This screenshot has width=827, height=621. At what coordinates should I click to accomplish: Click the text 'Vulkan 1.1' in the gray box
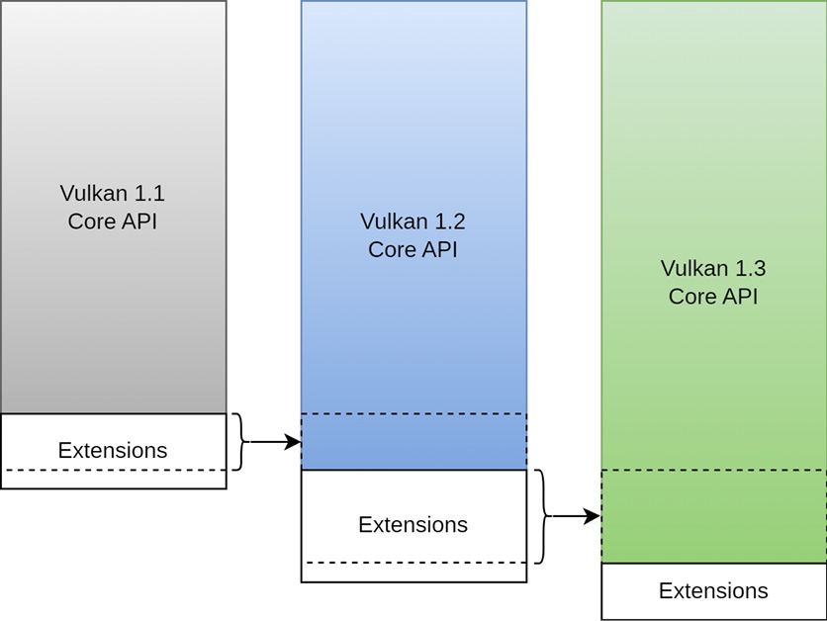coord(112,193)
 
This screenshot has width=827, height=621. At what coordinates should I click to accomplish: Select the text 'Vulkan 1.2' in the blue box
coord(413,221)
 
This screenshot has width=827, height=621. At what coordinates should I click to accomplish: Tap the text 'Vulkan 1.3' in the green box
coord(713,268)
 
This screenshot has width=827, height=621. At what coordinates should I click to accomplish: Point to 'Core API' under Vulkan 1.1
coord(112,221)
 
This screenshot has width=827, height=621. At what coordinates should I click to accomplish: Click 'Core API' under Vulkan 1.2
coord(413,249)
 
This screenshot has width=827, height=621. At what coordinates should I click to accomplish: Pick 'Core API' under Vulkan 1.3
coord(713,296)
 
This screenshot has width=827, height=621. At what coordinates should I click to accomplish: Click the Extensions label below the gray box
coord(113,451)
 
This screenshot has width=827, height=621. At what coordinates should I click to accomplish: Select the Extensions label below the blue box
coord(413,524)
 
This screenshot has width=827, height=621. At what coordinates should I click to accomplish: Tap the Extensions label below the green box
coord(713,591)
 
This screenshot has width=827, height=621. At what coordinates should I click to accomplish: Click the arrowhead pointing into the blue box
coord(292,442)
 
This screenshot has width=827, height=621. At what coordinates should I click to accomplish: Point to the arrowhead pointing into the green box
coord(593,516)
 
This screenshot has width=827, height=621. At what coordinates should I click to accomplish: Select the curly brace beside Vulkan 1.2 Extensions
coord(542,516)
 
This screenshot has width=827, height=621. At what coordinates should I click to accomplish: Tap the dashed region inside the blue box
coord(413,441)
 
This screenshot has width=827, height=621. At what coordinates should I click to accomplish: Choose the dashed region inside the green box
coord(713,516)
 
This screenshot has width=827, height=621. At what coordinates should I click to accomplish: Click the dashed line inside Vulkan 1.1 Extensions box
coord(113,470)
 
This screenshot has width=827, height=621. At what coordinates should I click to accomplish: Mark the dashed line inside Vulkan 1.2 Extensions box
coord(413,563)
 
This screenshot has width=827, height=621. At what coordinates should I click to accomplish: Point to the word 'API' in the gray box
coord(138,221)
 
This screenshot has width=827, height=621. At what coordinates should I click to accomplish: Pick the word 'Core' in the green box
coord(689,296)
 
